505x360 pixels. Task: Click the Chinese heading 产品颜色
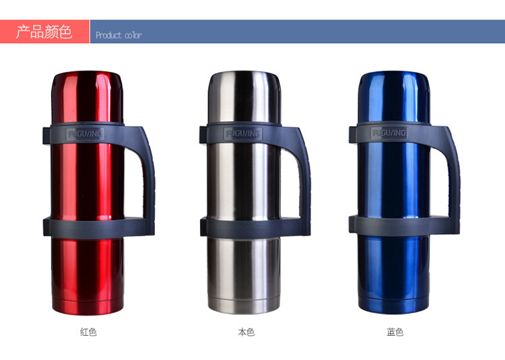coord(44,32)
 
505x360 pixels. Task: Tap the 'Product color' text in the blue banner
coord(119,35)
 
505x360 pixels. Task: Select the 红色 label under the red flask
coord(88,332)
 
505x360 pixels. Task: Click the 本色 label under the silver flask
coord(246,332)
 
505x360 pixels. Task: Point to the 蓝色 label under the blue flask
coord(395,332)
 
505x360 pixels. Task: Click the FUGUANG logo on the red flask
coord(85,134)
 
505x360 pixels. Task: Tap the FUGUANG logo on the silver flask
coord(243,133)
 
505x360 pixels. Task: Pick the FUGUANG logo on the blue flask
coord(389,133)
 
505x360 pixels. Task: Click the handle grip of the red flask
coord(149,180)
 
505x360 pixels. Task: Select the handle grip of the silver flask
coord(304,180)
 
